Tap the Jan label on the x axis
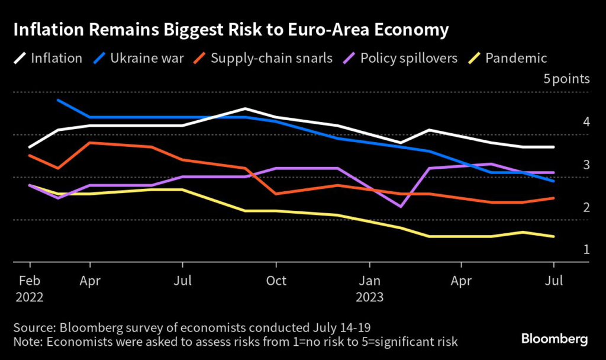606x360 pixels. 370,280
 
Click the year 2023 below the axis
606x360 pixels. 370,297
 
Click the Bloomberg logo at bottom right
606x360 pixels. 555,339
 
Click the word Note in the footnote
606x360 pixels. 26,342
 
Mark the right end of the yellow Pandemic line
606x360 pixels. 553,236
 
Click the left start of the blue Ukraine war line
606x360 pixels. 57,100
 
